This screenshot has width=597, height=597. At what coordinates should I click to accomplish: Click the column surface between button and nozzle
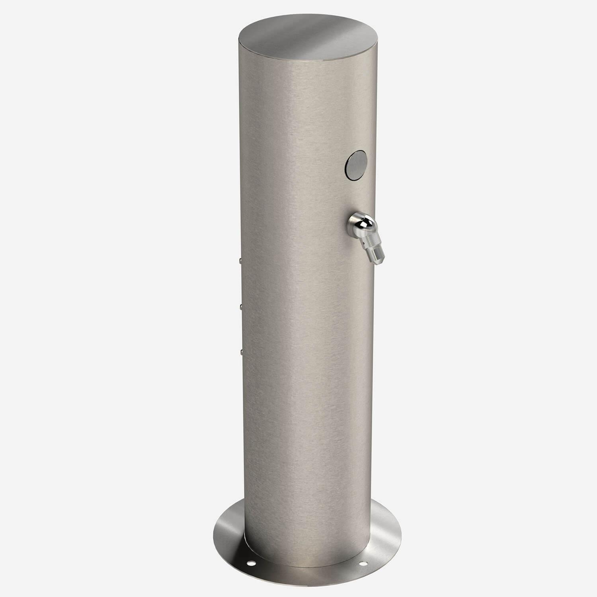[354, 195]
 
